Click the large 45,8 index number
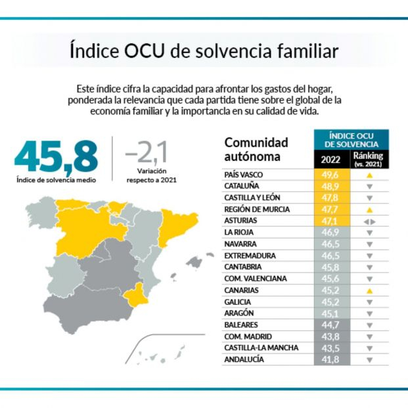tap(56, 156)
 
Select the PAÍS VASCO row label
tap(244, 175)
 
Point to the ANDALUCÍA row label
tap(244, 359)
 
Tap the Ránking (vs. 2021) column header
tap(369, 159)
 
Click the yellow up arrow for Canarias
tap(369, 290)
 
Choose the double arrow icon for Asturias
tap(369, 221)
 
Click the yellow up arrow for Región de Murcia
tap(369, 210)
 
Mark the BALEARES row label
tap(240, 325)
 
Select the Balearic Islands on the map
tap(191, 263)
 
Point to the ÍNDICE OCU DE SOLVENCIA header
tap(352, 139)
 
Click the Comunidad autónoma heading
tap(256, 149)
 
